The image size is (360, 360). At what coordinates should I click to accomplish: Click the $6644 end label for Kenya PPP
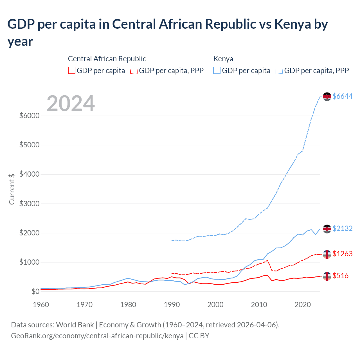[342, 96]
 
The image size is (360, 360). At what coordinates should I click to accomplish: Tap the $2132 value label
[342, 228]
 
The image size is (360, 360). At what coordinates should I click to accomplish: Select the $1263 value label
[342, 254]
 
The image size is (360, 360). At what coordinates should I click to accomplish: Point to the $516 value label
[340, 276]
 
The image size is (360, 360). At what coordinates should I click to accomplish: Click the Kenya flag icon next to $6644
[327, 96]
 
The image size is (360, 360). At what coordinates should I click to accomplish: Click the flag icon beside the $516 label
[327, 276]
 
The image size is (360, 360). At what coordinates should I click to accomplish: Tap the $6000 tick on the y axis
[29, 116]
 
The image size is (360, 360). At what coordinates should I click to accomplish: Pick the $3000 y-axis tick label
[29, 204]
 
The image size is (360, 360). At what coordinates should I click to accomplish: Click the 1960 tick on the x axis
[41, 305]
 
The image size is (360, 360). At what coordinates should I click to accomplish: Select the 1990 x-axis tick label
[172, 305]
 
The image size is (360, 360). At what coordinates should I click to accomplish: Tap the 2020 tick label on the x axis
[303, 305]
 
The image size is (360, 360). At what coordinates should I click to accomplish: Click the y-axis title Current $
[12, 189]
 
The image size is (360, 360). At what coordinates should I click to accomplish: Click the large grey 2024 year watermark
[71, 103]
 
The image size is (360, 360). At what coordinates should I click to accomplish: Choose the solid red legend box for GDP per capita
[72, 70]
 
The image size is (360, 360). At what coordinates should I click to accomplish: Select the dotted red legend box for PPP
[134, 70]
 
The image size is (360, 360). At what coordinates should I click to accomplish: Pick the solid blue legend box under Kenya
[217, 70]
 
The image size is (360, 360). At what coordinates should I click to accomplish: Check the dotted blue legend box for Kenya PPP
[279, 70]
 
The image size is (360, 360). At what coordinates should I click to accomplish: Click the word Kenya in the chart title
[292, 24]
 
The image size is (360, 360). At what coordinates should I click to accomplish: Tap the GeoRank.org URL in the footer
[97, 336]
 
